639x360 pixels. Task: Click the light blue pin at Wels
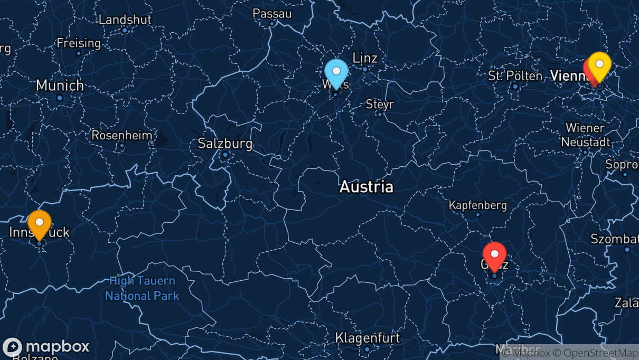[336, 72]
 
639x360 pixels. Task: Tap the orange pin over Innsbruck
[39, 223]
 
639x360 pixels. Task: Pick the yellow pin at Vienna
[600, 65]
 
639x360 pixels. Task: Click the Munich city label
[60, 85]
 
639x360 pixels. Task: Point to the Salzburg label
[225, 143]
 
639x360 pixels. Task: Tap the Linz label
[365, 58]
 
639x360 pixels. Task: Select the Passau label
[272, 13]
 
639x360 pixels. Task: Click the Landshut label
[125, 20]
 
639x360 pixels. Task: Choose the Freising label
[79, 43]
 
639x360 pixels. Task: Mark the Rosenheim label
[122, 135]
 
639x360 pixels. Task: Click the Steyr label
[380, 105]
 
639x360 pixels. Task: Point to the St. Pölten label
[515, 76]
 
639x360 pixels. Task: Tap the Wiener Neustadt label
[585, 135]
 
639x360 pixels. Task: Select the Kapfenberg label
[477, 205]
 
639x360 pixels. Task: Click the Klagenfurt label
[368, 338]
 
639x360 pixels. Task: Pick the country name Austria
[367, 186]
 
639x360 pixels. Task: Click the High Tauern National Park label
[142, 289]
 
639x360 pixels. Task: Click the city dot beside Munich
[60, 98]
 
